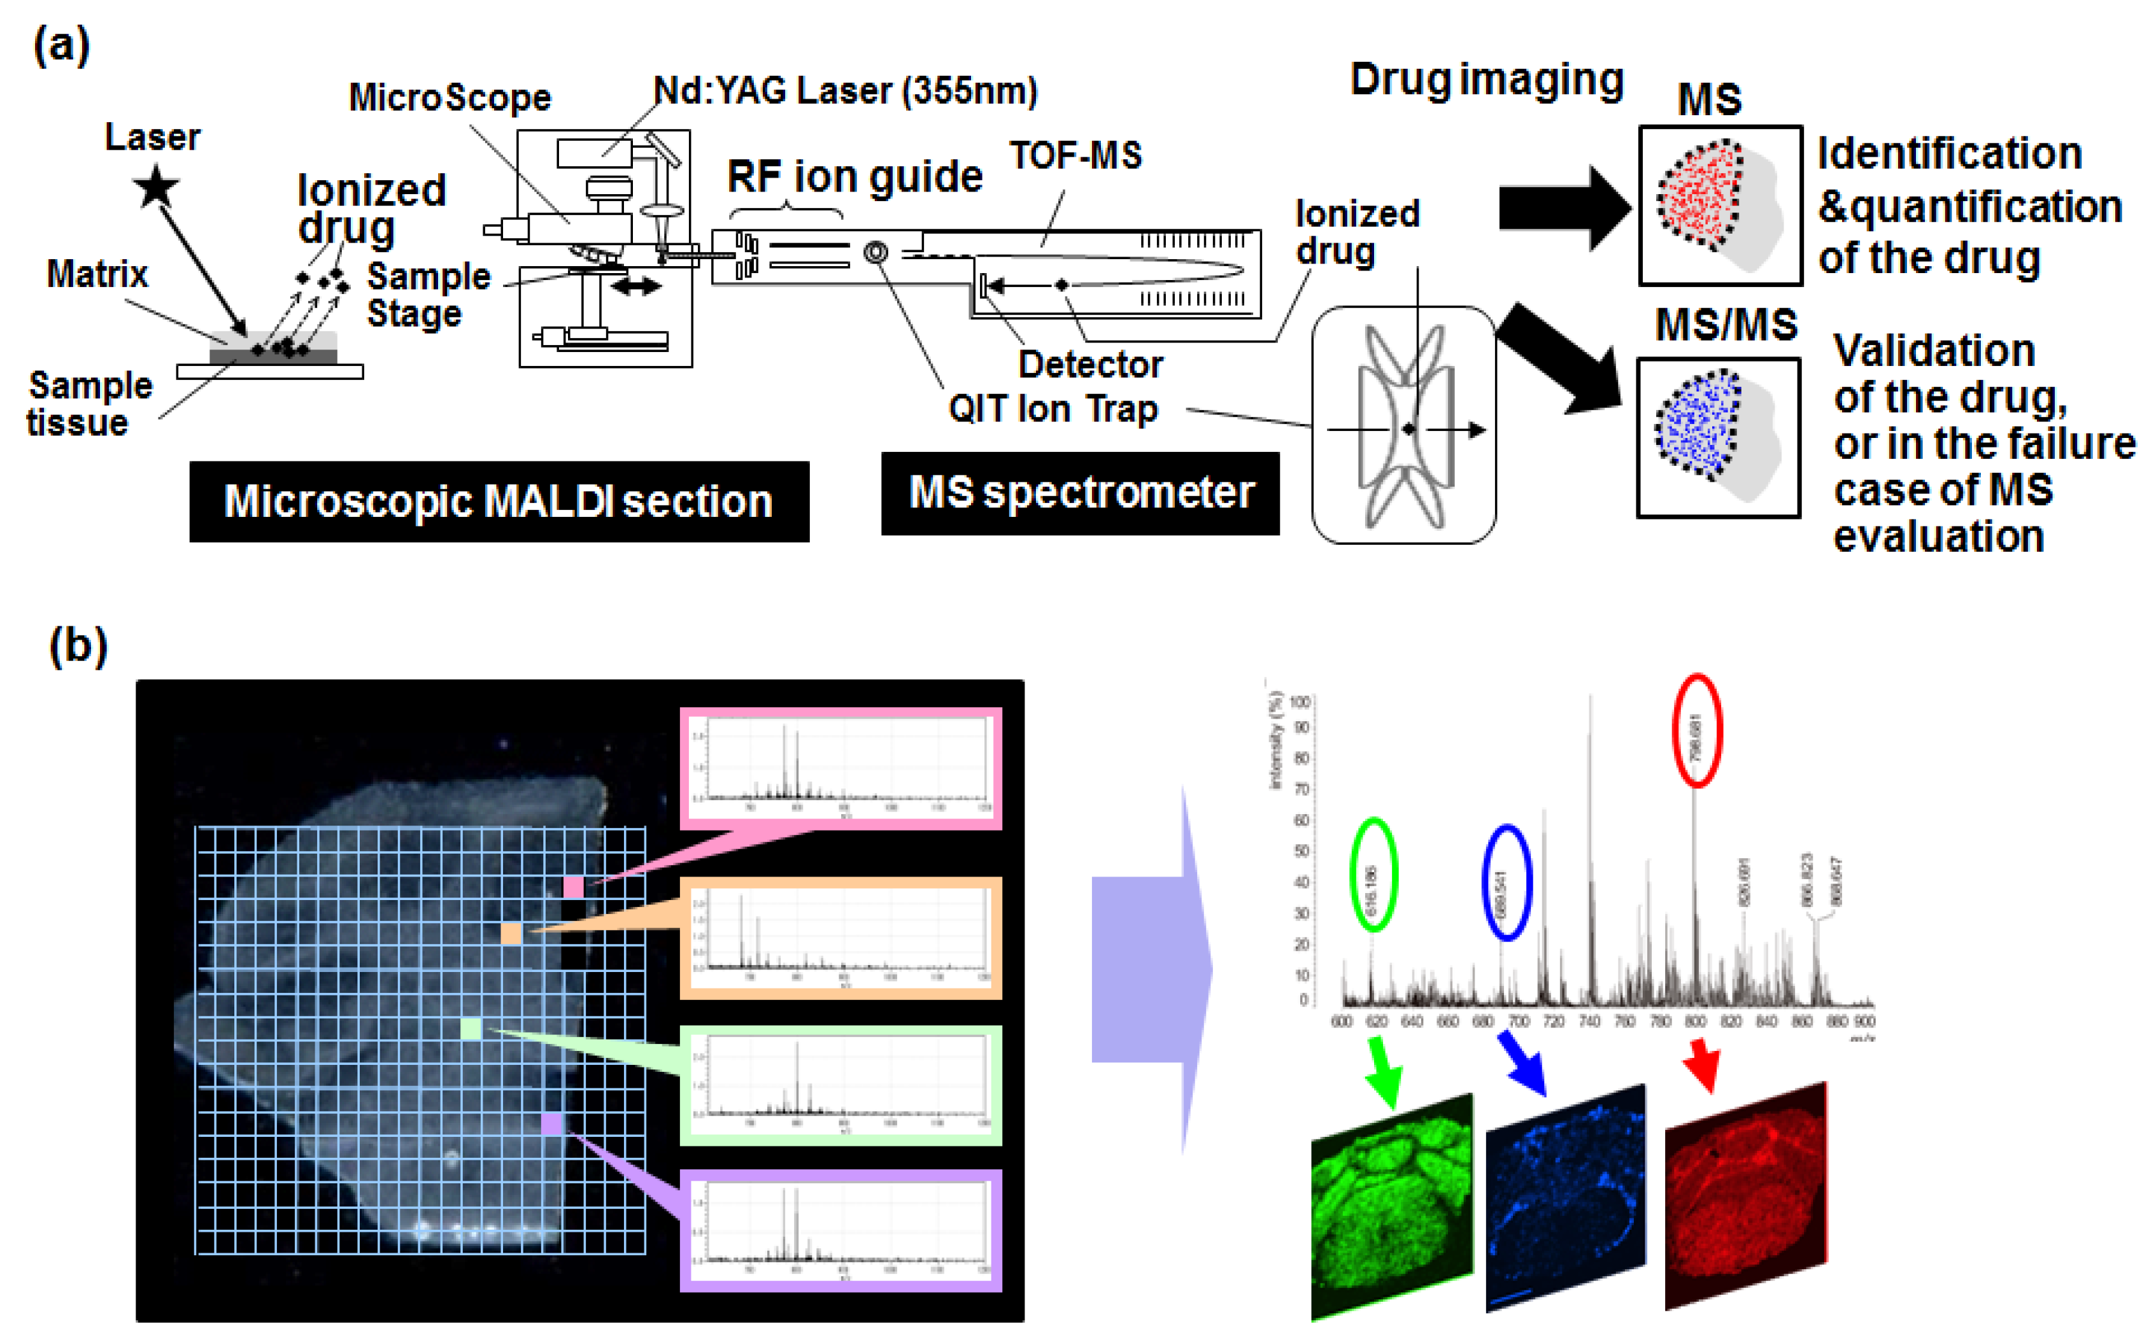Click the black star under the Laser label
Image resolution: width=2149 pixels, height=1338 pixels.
(x=157, y=188)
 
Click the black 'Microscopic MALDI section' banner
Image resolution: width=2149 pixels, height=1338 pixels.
(x=499, y=501)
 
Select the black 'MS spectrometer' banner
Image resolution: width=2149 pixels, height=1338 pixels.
(x=1080, y=493)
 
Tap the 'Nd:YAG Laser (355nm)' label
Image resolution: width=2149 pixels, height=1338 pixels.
(x=845, y=91)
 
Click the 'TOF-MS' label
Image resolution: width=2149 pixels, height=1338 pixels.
(x=1075, y=156)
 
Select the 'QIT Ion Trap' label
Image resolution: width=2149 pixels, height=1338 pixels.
(x=1053, y=409)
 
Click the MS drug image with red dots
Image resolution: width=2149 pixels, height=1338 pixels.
(x=1720, y=206)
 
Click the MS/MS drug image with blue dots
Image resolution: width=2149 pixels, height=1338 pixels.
(x=1717, y=437)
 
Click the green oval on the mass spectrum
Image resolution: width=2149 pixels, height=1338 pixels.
(x=1373, y=875)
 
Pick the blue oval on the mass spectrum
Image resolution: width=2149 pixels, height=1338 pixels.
(x=1507, y=882)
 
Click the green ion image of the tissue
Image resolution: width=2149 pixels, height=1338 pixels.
(x=1391, y=1205)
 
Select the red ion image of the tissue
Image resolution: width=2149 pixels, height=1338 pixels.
(x=1745, y=1195)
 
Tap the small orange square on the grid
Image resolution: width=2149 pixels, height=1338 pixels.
(x=511, y=933)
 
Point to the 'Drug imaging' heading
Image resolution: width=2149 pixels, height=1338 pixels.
(x=1486, y=80)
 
